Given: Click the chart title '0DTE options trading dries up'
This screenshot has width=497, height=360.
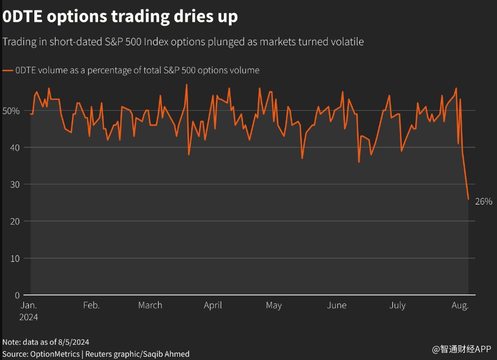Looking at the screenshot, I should [x=120, y=17].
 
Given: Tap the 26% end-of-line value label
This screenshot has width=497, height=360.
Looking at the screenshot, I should [x=484, y=201].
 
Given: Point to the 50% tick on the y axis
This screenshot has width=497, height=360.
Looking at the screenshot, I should [x=11, y=111].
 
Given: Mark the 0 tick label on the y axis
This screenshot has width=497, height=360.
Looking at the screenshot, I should [x=17, y=295].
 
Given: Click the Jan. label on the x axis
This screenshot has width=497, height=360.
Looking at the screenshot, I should [x=29, y=305].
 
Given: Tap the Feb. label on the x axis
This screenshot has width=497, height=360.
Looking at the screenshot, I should [x=92, y=305].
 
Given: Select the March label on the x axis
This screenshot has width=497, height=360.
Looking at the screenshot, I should [x=150, y=305].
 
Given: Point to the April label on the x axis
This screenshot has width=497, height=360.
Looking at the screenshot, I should [x=213, y=305].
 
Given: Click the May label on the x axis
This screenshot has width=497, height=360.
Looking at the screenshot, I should [x=274, y=305].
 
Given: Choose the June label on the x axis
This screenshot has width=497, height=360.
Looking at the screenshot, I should [x=337, y=305].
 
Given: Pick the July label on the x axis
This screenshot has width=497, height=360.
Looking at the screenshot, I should [x=398, y=305].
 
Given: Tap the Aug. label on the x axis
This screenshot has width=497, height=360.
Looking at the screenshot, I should [x=460, y=305].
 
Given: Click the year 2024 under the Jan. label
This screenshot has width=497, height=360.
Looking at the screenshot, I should [x=29, y=317].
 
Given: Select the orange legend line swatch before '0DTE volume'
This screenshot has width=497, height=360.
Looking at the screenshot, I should [x=8, y=70].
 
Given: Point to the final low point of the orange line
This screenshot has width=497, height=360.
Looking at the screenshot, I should [x=468, y=199].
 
